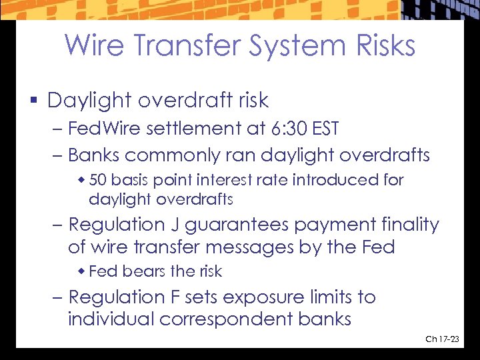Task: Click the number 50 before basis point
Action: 97,180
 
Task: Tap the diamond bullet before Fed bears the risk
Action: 82,271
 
